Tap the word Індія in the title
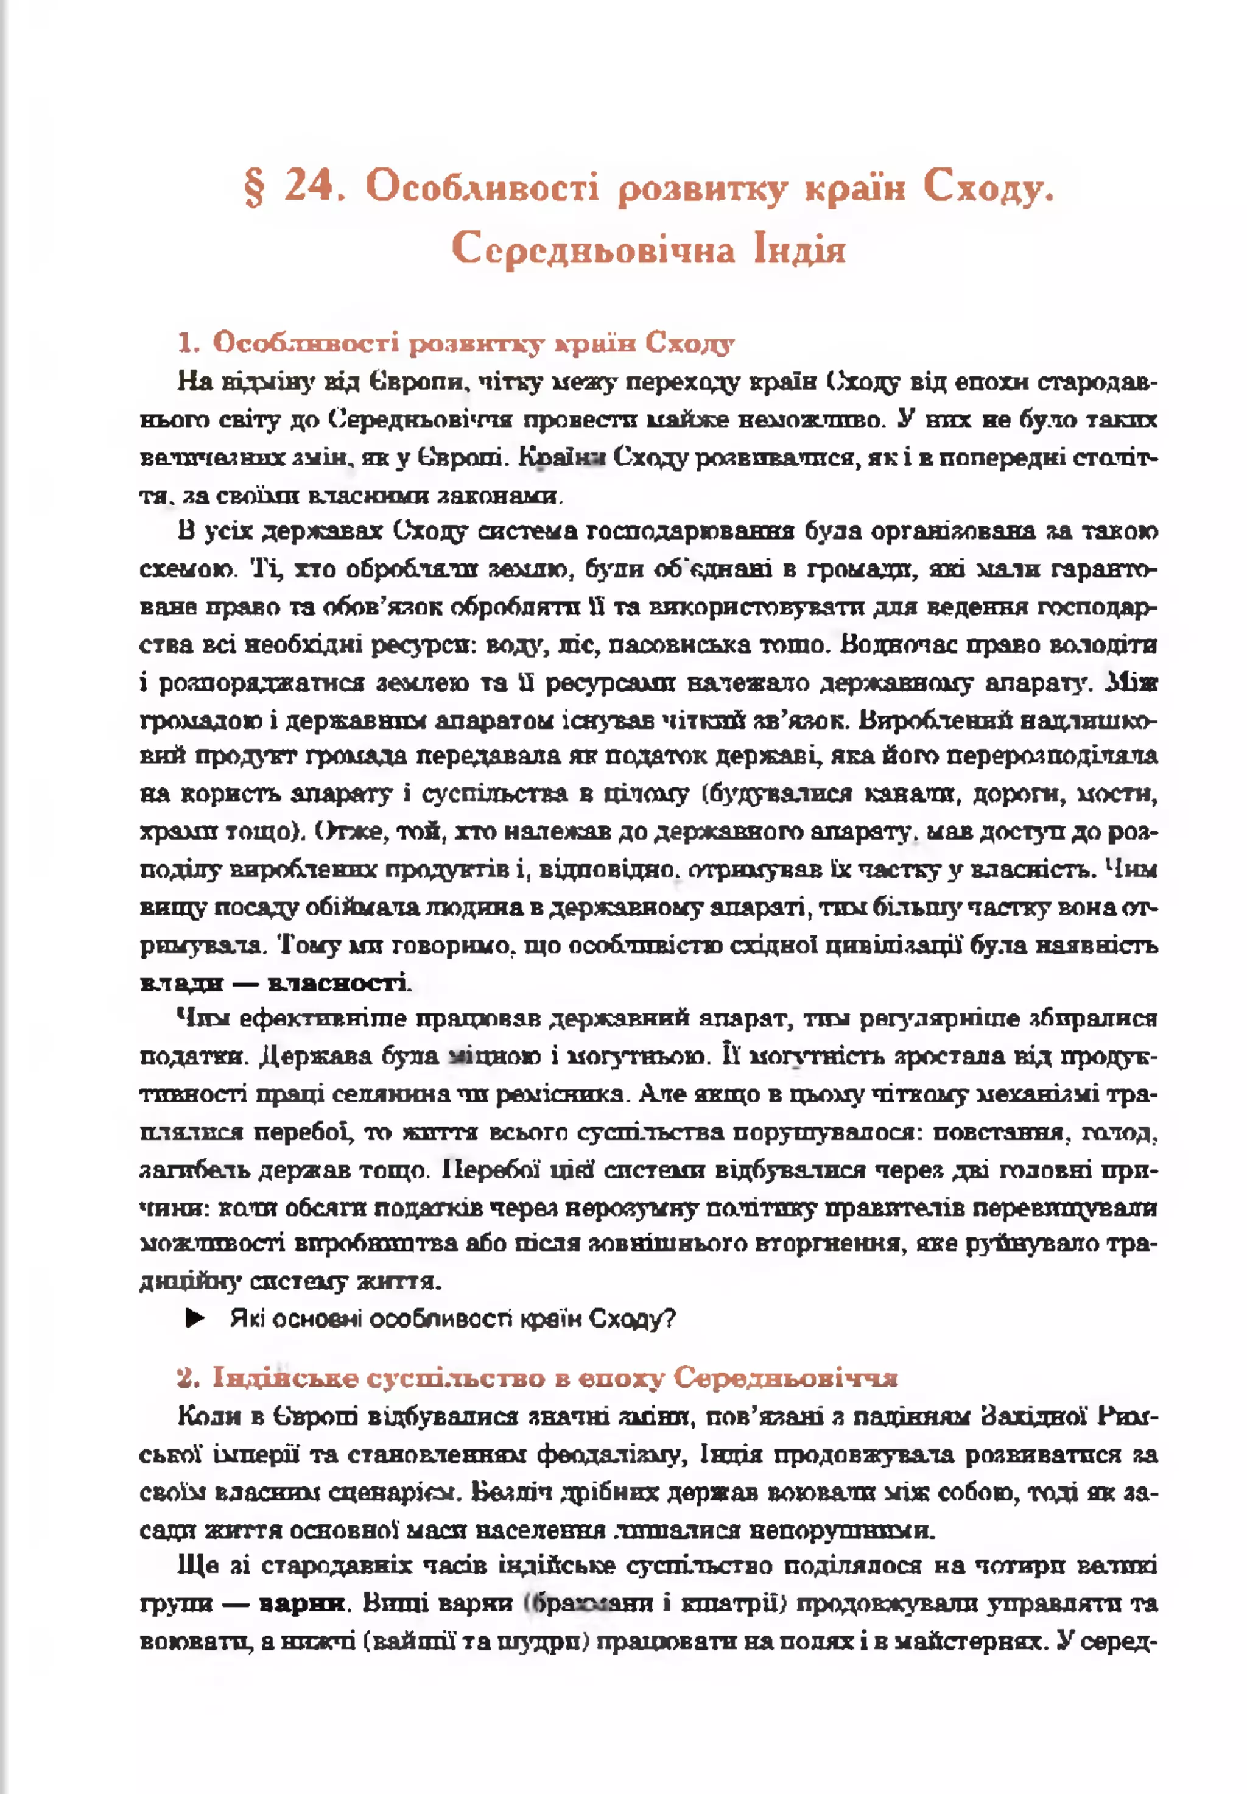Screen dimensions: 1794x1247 pos(800,250)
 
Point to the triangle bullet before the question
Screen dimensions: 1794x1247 pos(195,1320)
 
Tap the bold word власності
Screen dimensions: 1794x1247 pos(337,982)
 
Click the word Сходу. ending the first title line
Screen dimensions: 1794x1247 pos(988,188)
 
